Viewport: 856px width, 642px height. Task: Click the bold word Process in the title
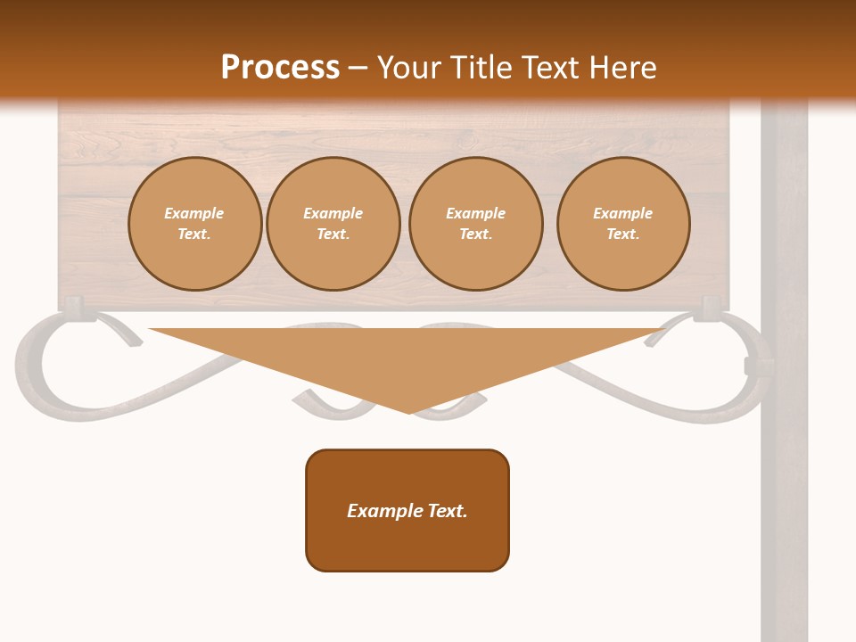[280, 68]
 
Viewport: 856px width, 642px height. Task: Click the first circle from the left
[194, 224]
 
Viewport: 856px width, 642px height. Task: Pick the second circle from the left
[333, 224]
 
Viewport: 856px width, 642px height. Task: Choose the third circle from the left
[475, 224]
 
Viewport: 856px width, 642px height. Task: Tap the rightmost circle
[623, 224]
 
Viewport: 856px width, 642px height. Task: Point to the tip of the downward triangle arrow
[408, 411]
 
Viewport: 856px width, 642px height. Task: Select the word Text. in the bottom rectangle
[448, 511]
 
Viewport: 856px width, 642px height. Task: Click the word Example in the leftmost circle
[194, 213]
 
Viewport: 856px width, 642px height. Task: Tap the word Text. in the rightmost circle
[623, 235]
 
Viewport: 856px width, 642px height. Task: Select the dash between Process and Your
[358, 69]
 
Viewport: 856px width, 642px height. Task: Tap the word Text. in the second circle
[333, 235]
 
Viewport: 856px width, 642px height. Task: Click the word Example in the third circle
[475, 213]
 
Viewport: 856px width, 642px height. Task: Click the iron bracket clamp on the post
[753, 366]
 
